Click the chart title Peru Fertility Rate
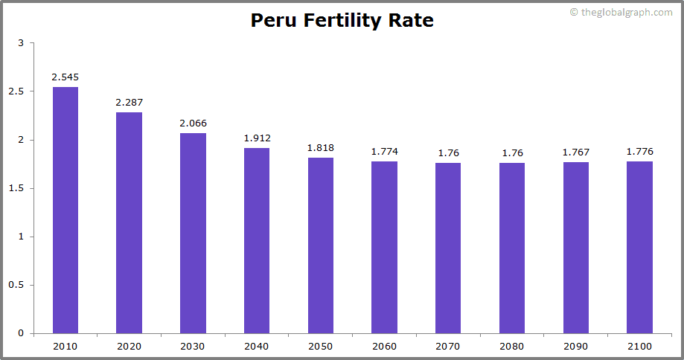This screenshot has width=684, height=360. coord(342,20)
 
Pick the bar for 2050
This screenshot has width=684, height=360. coord(321,245)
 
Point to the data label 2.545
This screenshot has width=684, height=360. coord(65,77)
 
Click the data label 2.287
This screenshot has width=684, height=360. coord(129,102)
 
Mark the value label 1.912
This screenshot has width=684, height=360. coord(257,138)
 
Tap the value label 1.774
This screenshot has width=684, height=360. coord(384,152)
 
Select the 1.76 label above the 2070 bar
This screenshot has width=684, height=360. coord(448,152)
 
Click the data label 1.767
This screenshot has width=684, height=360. coord(575,152)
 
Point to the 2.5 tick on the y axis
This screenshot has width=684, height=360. coord(16,91)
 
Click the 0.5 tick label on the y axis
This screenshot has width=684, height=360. coord(16,285)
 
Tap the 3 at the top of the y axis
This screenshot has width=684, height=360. coord(21,43)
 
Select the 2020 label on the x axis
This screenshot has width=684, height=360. coord(129,346)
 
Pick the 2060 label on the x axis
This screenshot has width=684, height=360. coord(384,346)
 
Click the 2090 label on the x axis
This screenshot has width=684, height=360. coord(575,346)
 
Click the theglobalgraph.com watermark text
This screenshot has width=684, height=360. coord(626,12)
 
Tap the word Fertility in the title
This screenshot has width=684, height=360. coord(340,20)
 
